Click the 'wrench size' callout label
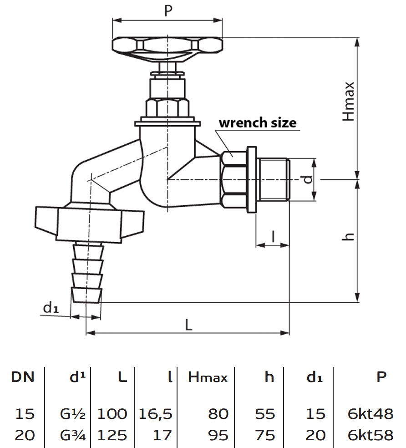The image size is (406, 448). click(x=257, y=123)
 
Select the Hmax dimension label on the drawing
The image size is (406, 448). click(x=349, y=102)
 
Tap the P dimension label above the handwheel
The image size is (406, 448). click(x=168, y=11)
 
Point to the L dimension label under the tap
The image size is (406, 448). click(x=188, y=324)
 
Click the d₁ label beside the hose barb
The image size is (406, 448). click(x=51, y=308)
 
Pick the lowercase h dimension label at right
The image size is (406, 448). click(x=349, y=236)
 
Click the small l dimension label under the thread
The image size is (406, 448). click(x=273, y=236)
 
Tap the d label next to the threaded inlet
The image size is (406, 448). click(x=308, y=179)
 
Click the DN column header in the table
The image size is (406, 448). click(x=23, y=377)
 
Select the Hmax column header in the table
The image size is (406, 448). click(x=208, y=377)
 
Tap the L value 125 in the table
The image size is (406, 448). click(x=112, y=435)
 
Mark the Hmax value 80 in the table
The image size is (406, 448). click(x=218, y=414)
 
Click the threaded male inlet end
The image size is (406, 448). click(x=273, y=180)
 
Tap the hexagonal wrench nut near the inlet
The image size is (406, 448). click(x=233, y=180)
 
